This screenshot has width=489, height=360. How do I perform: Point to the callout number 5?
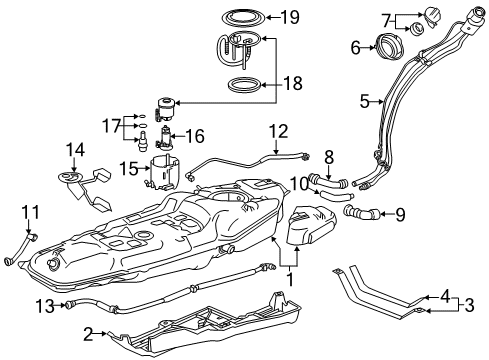coord(365,101)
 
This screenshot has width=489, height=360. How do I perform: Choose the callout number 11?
coord(32,213)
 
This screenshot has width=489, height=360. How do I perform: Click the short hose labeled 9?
coord(363,211)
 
